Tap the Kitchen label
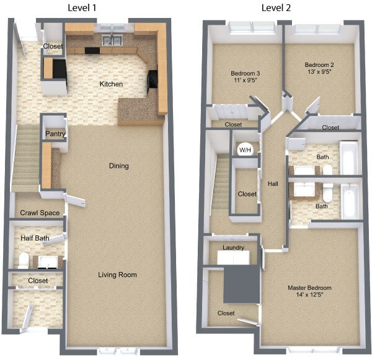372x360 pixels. click(x=112, y=84)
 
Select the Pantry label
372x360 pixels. click(x=55, y=134)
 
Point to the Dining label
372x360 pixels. click(x=118, y=166)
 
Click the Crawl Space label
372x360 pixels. click(x=40, y=213)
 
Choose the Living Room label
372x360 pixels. click(x=117, y=274)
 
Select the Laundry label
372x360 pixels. click(x=232, y=248)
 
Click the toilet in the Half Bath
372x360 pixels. click(x=23, y=260)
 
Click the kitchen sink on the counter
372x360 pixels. click(x=112, y=41)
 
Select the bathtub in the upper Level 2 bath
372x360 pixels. click(x=348, y=158)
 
